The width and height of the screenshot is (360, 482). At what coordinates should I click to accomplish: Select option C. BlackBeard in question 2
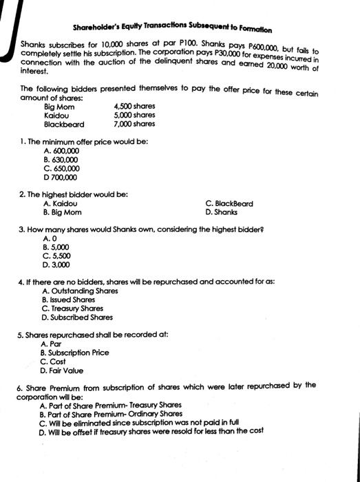pos(229,203)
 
